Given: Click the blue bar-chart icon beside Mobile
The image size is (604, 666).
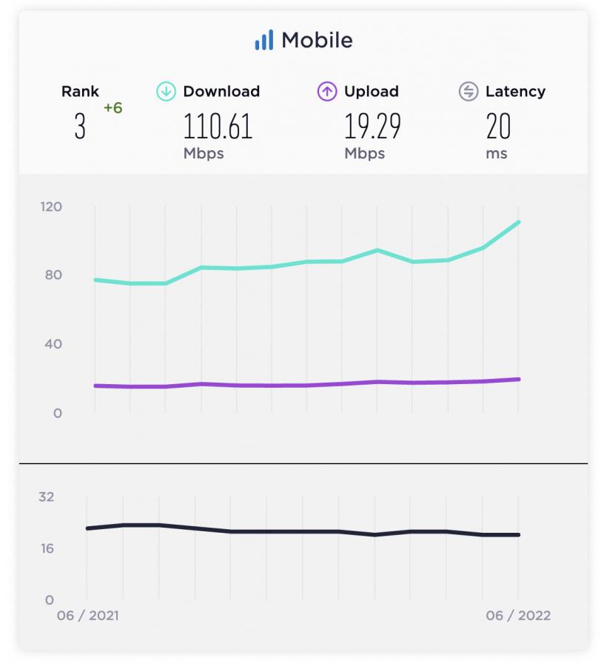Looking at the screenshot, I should pyautogui.click(x=264, y=40).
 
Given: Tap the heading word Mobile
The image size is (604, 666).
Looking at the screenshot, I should pyautogui.click(x=317, y=40).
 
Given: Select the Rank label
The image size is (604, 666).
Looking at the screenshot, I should pyautogui.click(x=80, y=92).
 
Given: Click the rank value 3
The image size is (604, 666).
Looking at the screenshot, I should pyautogui.click(x=80, y=127).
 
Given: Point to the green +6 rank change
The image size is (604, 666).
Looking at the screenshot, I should pyautogui.click(x=113, y=108).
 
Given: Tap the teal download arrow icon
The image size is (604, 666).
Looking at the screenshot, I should pyautogui.click(x=166, y=92).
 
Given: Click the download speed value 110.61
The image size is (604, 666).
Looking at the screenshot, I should pyautogui.click(x=218, y=127).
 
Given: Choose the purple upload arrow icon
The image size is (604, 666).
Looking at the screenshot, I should pyautogui.click(x=327, y=92).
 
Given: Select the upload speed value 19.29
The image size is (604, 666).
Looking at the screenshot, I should pyautogui.click(x=372, y=127).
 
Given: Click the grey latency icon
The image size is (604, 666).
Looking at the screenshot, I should pyautogui.click(x=468, y=92).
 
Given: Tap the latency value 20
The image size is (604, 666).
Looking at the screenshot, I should pyautogui.click(x=498, y=127).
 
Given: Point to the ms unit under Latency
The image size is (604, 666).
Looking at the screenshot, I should pyautogui.click(x=496, y=154).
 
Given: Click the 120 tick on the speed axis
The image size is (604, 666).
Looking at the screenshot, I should pyautogui.click(x=51, y=206).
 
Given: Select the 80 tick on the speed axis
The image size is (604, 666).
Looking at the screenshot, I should pyautogui.click(x=53, y=275).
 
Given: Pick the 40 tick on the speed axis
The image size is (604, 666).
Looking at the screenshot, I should pyautogui.click(x=53, y=344).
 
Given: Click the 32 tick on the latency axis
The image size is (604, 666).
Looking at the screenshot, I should pyautogui.click(x=47, y=497).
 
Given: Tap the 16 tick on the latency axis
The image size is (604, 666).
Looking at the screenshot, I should pyautogui.click(x=47, y=548).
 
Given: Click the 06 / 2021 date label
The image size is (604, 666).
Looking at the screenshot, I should pyautogui.click(x=88, y=616).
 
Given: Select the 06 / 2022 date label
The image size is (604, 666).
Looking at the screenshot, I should pyautogui.click(x=518, y=616).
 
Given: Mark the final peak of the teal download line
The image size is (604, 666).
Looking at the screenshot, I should pyautogui.click(x=519, y=222).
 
